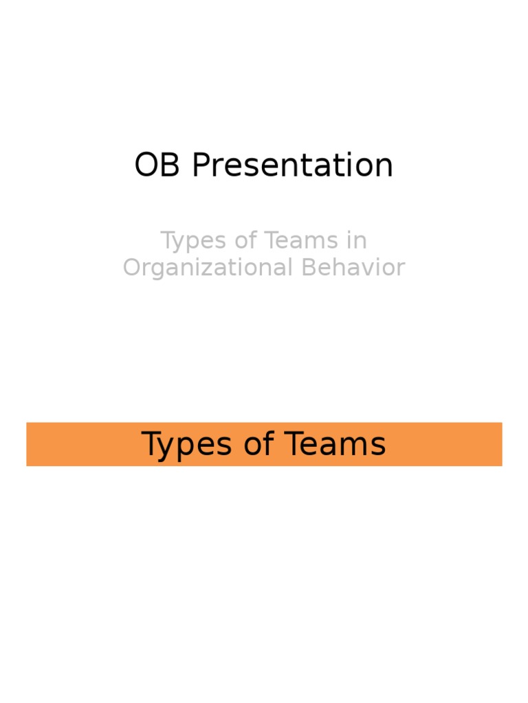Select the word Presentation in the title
coord(292,165)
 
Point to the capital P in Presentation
coord(199,165)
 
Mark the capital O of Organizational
coord(133,267)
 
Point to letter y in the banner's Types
coord(164,447)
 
